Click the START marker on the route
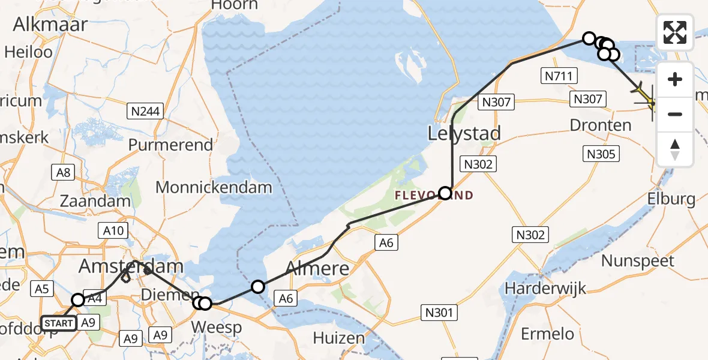point(59,324)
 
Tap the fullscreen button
point(675,32)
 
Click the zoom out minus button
point(675,114)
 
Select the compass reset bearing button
point(675,149)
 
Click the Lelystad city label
point(464,133)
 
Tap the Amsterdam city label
point(132,266)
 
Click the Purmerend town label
point(170,145)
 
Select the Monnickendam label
point(213,187)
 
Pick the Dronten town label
point(600,125)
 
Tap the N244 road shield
point(145,110)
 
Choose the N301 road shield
point(440,312)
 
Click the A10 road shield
point(113,230)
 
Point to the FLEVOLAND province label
point(433,196)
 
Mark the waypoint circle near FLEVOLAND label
point(445,193)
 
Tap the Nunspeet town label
point(638,261)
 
